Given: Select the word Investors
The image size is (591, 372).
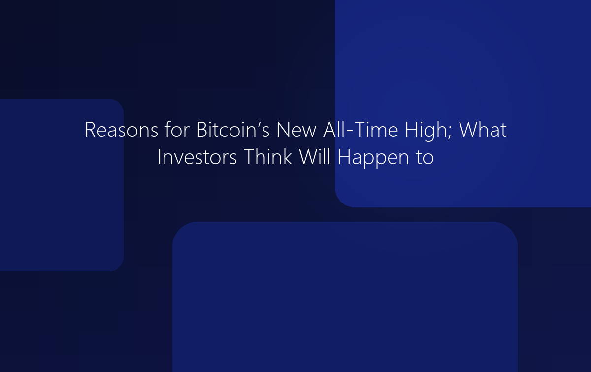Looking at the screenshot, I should (x=197, y=157).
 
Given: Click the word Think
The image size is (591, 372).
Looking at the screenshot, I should (x=267, y=157).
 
